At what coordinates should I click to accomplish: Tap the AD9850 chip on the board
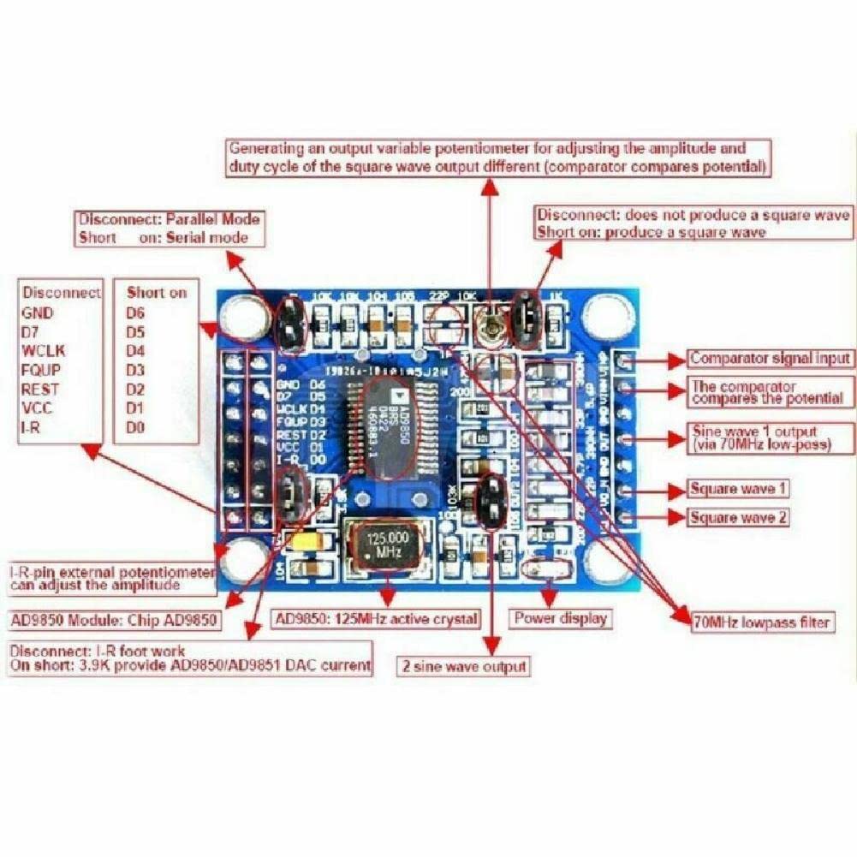coord(390,426)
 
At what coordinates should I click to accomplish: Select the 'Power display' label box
coord(561,618)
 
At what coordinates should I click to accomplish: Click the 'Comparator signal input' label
coord(770,358)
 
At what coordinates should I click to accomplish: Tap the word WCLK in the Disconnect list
coord(43,351)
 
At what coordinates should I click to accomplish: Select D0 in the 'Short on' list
coord(135,426)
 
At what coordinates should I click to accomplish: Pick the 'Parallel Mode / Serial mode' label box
coord(169,229)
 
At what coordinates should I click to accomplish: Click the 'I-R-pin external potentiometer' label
coord(111,579)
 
